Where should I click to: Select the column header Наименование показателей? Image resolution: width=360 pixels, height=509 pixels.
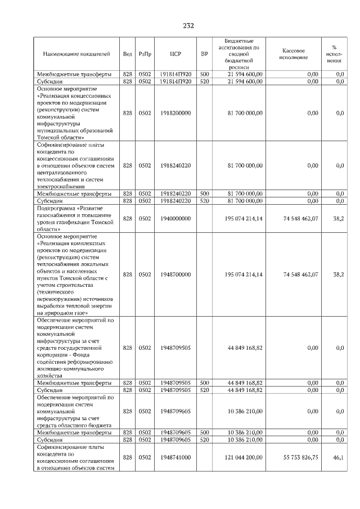76,55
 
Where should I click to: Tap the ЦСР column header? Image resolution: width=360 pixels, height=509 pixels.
175,55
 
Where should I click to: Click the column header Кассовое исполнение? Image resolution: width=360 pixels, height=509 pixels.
293,55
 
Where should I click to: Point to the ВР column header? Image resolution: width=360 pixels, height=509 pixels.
204,55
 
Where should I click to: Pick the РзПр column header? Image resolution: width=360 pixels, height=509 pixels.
145,55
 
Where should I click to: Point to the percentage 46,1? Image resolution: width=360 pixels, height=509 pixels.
338,458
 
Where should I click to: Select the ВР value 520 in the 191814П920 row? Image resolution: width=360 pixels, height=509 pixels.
204,82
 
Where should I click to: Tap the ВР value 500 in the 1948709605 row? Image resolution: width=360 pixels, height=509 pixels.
204,433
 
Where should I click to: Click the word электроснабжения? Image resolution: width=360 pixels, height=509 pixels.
60,186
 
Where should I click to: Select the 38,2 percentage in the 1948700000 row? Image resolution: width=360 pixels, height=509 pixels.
338,274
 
